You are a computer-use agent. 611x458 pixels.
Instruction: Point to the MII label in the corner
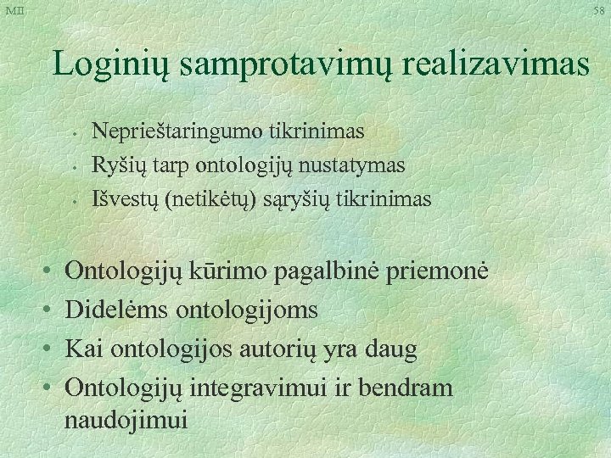tap(14, 9)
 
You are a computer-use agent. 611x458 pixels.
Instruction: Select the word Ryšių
tap(115, 165)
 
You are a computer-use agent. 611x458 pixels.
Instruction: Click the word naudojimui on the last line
tap(127, 420)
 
